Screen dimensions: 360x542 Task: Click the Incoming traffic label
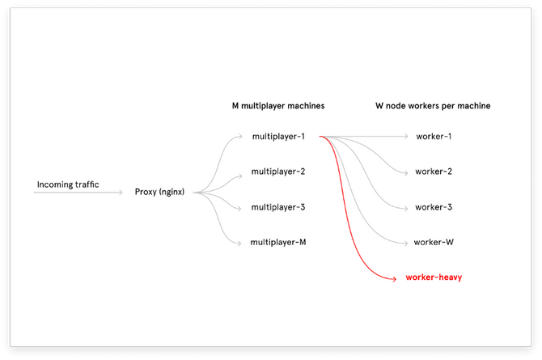click(x=68, y=184)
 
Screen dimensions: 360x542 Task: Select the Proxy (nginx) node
click(x=160, y=192)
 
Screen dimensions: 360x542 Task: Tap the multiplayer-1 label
click(x=277, y=136)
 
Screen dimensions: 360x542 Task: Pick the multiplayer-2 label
click(x=277, y=172)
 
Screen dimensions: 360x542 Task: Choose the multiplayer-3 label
click(x=277, y=207)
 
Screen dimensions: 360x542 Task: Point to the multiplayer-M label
click(x=277, y=242)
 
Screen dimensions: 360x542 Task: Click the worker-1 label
click(x=434, y=136)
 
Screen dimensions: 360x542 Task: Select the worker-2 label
click(x=434, y=172)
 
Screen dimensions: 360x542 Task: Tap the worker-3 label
click(x=434, y=207)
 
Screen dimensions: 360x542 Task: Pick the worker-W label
click(x=433, y=242)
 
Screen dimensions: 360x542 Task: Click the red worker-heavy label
click(x=433, y=277)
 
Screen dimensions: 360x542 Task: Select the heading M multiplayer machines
click(x=277, y=106)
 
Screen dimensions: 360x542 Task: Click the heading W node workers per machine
click(x=433, y=106)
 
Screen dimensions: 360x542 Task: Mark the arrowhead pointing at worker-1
click(x=406, y=136)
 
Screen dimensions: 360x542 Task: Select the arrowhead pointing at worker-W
click(x=406, y=243)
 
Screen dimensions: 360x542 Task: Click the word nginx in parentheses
click(x=171, y=192)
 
